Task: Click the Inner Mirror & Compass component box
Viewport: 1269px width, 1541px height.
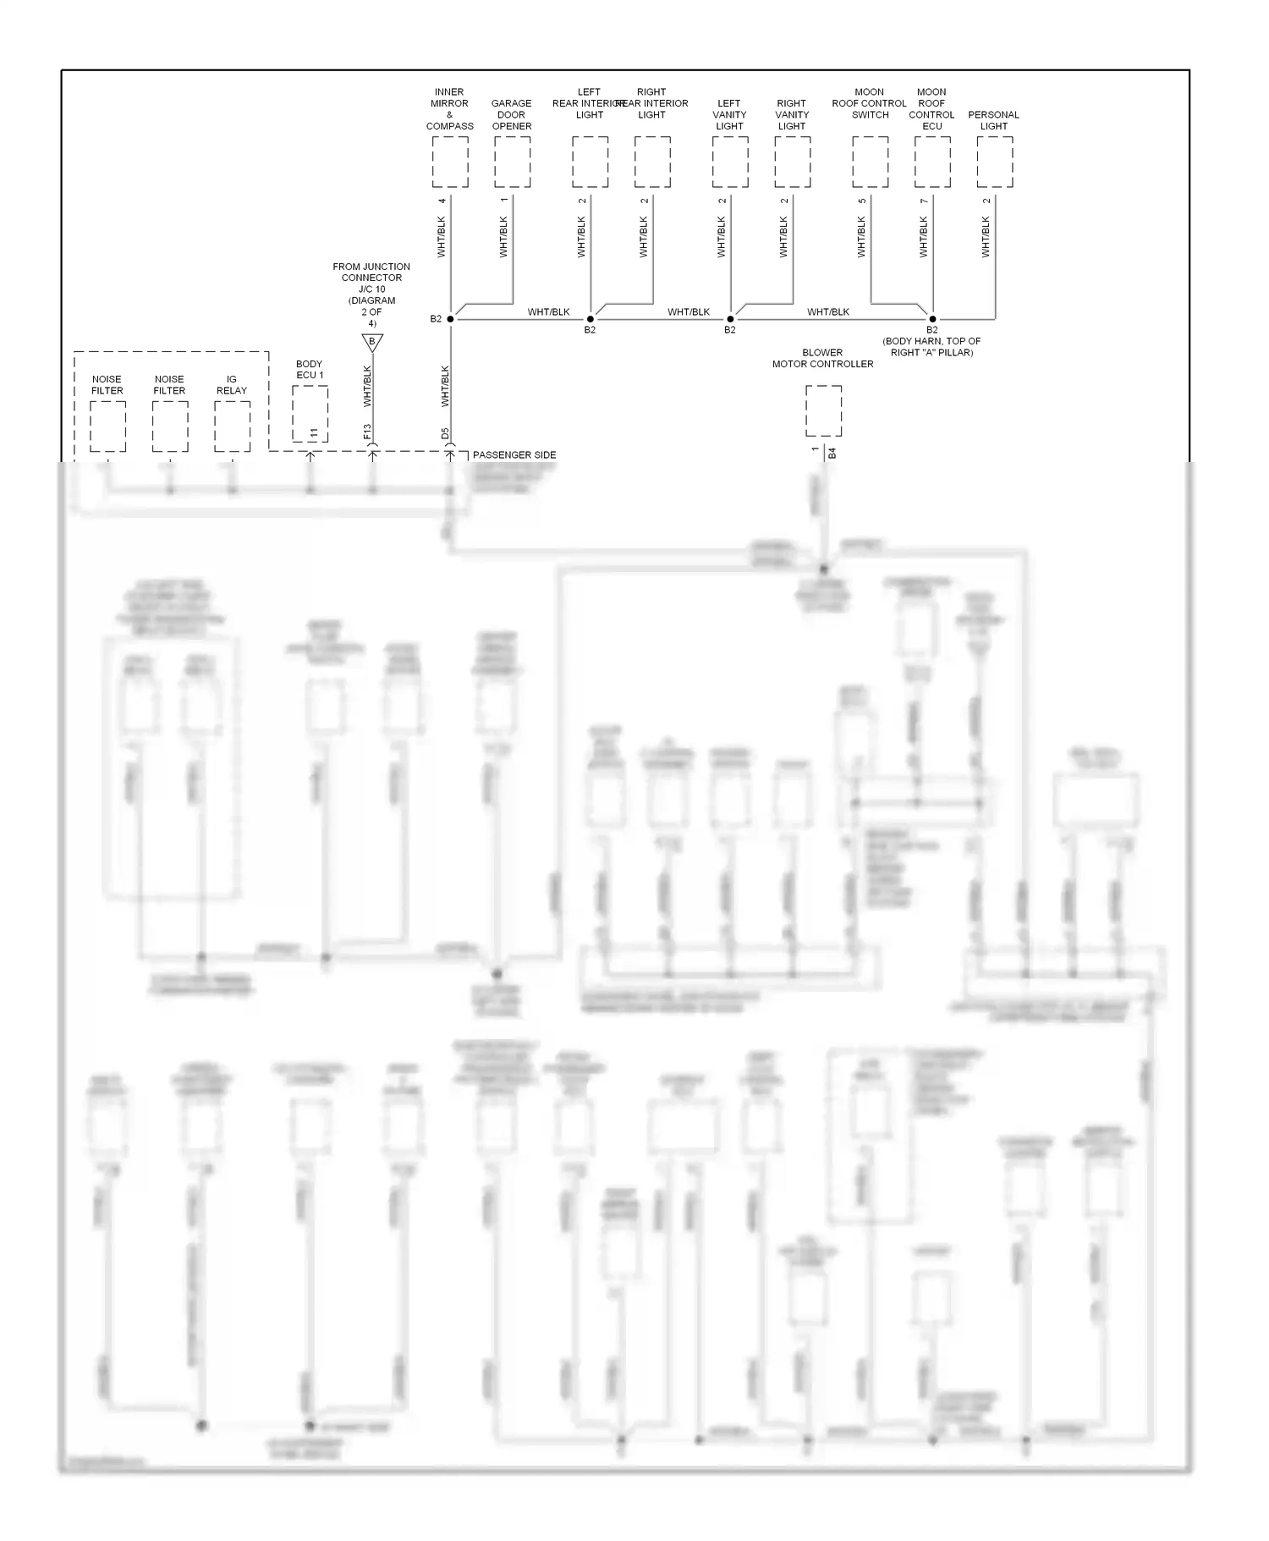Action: [449, 162]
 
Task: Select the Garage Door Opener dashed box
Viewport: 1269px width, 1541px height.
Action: [512, 162]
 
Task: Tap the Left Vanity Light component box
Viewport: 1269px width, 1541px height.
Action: [729, 162]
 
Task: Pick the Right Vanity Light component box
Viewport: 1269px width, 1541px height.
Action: [792, 162]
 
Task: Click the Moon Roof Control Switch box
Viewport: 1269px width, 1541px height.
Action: [870, 162]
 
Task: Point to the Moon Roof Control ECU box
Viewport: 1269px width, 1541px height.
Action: [932, 162]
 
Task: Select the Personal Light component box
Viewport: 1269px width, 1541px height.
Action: [994, 162]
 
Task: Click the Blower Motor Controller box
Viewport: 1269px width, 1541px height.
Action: [823, 411]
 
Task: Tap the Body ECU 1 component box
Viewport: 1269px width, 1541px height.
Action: [310, 414]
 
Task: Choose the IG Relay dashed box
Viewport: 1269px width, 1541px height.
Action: [232, 427]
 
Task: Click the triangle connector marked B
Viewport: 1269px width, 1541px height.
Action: [372, 342]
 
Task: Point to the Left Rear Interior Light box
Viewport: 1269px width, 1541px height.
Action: [590, 162]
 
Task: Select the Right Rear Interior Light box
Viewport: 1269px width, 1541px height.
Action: [652, 162]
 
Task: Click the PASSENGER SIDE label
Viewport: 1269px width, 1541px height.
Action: [514, 455]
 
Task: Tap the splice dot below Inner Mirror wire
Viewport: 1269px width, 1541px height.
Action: [450, 319]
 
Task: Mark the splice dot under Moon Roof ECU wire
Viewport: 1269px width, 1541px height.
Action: [932, 319]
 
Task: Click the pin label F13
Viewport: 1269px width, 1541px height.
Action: [367, 432]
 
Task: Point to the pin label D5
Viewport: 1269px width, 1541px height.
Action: [445, 434]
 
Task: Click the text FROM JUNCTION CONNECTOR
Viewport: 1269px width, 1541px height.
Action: [371, 272]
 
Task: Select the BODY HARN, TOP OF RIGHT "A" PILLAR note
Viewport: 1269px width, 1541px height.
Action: [931, 347]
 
